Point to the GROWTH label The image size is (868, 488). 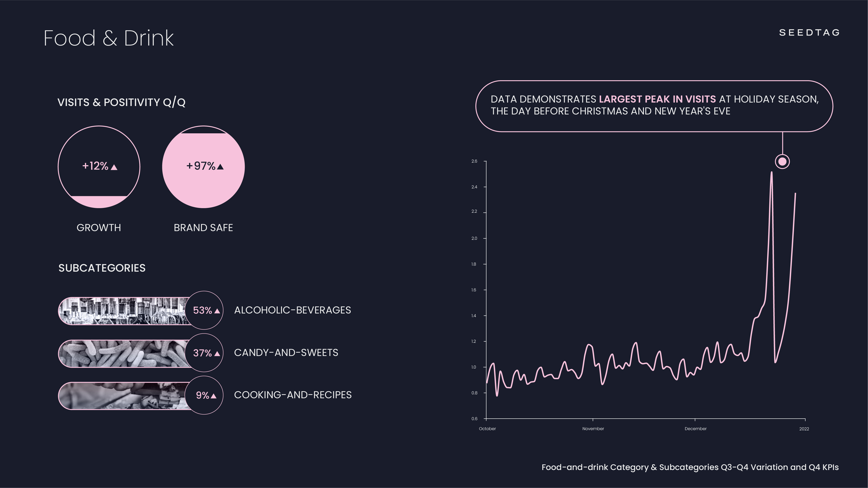(x=99, y=228)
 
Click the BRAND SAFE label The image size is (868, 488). (x=203, y=228)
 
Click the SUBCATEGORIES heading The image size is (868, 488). (x=102, y=268)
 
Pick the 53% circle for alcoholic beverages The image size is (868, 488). (x=204, y=310)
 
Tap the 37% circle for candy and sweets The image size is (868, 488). (x=204, y=353)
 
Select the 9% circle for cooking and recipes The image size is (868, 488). (x=204, y=395)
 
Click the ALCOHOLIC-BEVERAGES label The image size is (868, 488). (x=292, y=310)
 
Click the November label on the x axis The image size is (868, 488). (x=593, y=429)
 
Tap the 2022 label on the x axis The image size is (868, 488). (x=804, y=429)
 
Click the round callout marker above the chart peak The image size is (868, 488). (x=782, y=162)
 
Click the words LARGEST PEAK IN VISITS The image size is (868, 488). (x=657, y=99)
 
